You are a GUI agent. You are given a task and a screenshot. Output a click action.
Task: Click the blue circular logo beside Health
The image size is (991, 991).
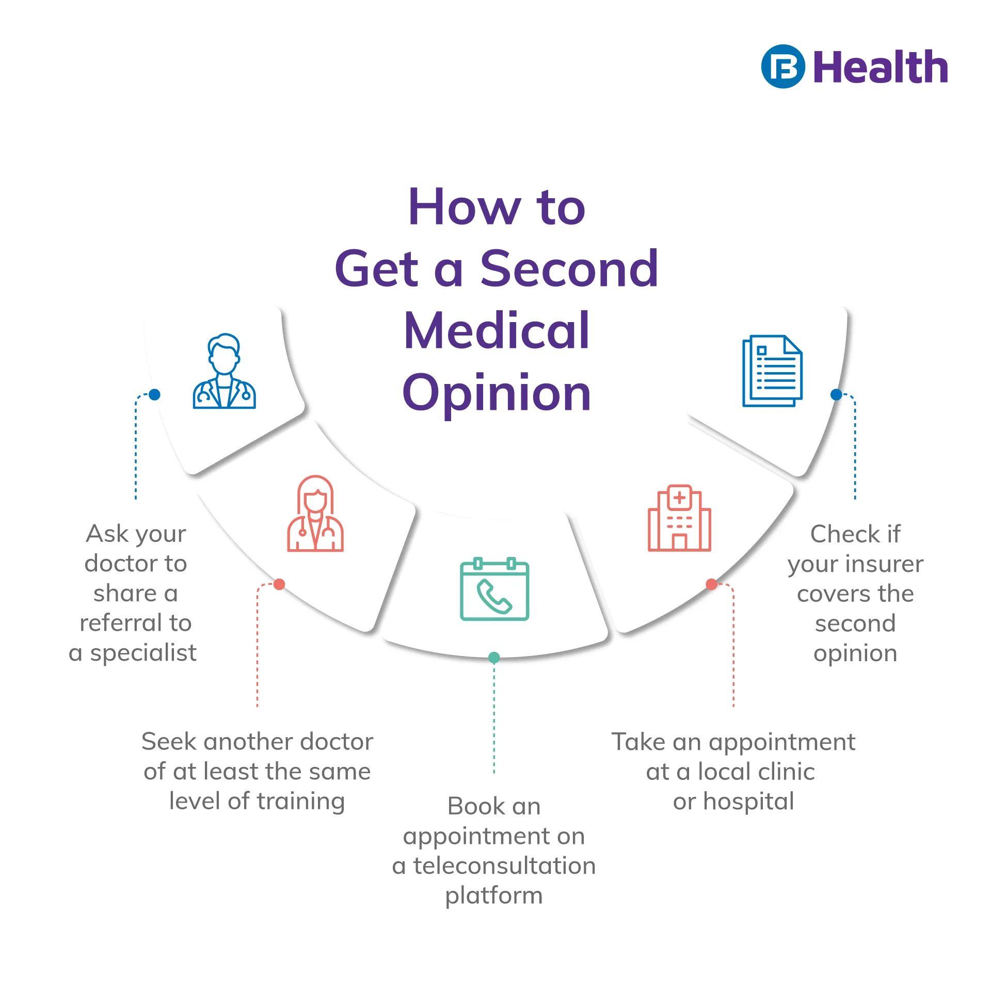point(782,67)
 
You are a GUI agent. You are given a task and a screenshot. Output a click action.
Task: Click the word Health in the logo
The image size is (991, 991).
point(881,68)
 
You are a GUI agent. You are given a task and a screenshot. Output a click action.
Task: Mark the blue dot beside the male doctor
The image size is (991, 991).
point(154,395)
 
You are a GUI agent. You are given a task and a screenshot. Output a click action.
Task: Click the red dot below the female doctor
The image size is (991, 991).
point(279,584)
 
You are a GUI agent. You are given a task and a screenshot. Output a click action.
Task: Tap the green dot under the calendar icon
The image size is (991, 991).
point(494,658)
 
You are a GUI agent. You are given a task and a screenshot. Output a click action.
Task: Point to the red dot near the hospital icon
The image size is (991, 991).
point(711,584)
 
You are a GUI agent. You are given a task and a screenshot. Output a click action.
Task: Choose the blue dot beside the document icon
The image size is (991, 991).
point(836,395)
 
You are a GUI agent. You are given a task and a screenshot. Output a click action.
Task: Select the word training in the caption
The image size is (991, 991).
point(300,801)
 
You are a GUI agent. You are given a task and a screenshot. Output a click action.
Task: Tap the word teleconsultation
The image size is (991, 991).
point(504,866)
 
